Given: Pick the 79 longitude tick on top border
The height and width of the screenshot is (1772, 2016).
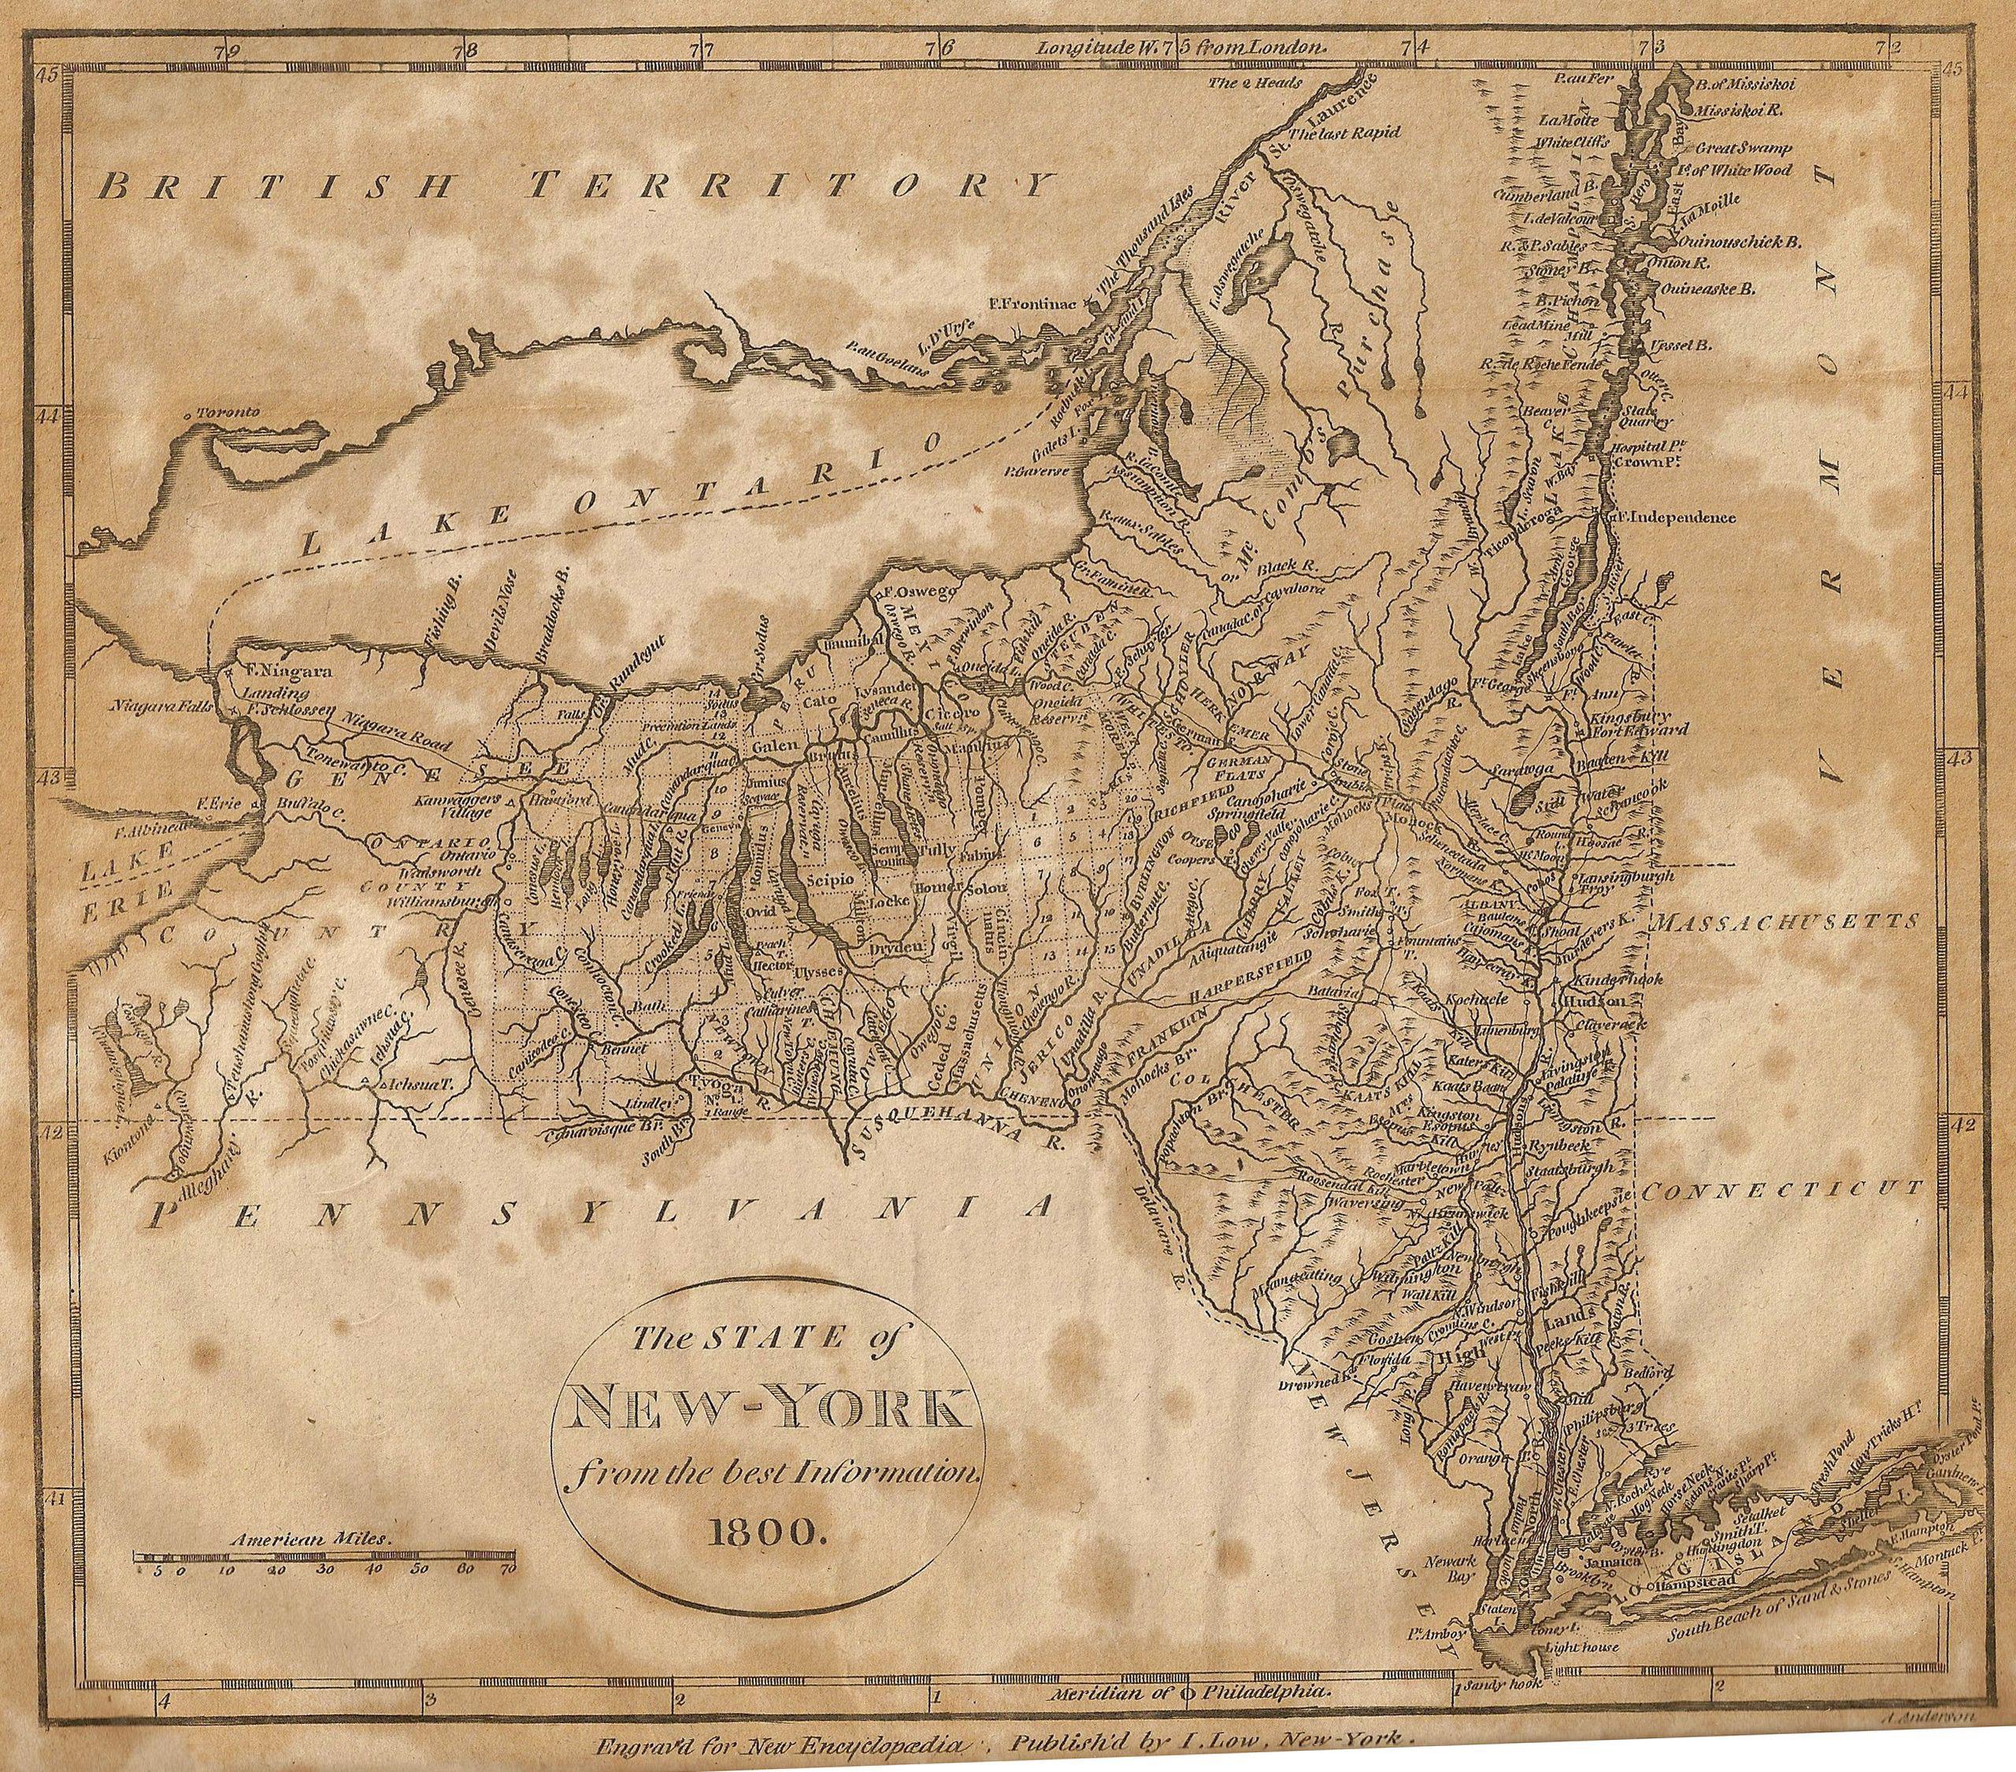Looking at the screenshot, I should click(x=229, y=46).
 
